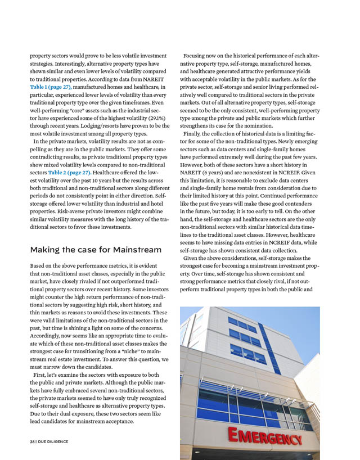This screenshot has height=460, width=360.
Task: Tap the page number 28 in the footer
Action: pyautogui.click(x=33, y=441)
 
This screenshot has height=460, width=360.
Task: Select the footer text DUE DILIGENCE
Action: pyautogui.click(x=54, y=441)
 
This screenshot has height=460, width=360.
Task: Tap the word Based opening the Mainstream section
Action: pyautogui.click(x=38, y=265)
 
